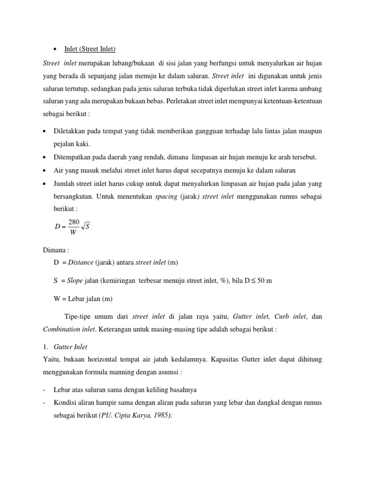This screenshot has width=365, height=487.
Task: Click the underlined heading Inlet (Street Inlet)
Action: tap(90, 49)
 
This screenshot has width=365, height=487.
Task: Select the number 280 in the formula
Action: tap(74, 222)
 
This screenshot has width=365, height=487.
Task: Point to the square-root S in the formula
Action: tap(86, 226)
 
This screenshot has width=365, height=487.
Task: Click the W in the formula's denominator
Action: tap(73, 233)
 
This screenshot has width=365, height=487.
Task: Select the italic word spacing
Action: tap(166, 196)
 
